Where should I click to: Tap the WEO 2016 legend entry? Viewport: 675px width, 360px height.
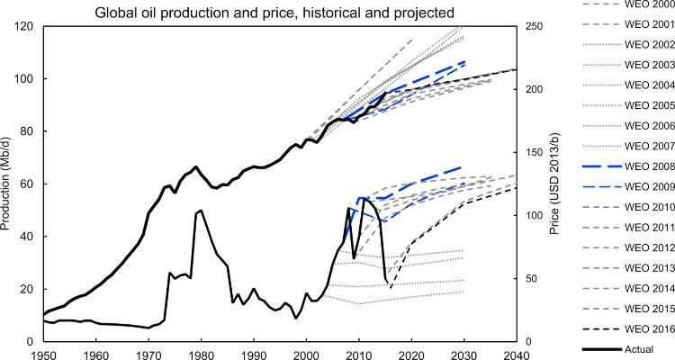pos(622,327)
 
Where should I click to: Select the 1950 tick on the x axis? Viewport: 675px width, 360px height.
pos(43,353)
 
